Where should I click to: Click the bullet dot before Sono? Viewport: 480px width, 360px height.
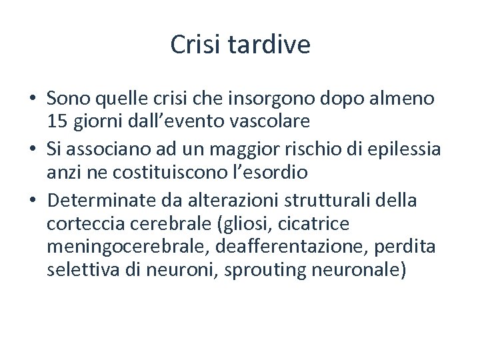32,99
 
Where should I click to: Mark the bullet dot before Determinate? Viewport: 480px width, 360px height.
32,199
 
